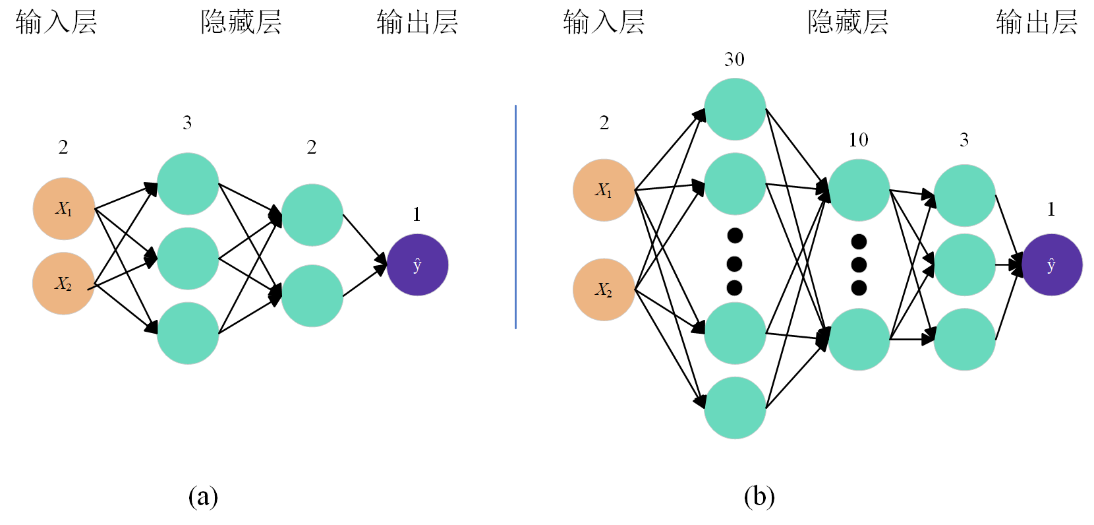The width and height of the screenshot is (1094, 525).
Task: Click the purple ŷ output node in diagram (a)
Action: tap(417, 264)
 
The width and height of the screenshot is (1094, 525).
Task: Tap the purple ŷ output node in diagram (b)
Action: tap(1051, 264)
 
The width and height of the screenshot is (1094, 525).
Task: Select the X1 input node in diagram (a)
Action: tap(64, 208)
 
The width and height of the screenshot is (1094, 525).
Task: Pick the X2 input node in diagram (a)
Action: tap(64, 284)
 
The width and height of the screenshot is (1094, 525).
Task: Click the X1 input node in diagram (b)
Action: tap(604, 190)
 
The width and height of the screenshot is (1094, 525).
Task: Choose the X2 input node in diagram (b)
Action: tap(604, 290)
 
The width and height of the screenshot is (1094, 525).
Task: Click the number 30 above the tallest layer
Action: tap(734, 60)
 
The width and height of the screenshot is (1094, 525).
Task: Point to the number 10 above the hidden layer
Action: tap(858, 140)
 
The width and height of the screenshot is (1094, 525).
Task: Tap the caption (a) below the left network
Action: tap(203, 496)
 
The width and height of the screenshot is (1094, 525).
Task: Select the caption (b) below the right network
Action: tap(759, 496)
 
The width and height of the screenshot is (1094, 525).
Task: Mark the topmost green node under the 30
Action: tap(735, 109)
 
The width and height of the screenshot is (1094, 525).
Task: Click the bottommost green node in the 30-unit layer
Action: tap(735, 408)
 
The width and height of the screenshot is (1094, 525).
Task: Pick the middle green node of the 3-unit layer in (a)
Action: tap(188, 259)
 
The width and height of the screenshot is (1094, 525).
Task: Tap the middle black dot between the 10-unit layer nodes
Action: tap(859, 264)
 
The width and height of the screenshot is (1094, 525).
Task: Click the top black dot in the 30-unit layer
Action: tap(735, 235)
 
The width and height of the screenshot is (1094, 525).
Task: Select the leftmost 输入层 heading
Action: tap(57, 22)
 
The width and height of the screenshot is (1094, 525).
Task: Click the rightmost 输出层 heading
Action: tap(1036, 22)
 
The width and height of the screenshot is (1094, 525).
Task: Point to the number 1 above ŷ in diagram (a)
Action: tap(417, 214)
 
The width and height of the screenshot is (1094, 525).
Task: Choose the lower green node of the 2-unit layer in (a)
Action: tap(312, 295)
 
